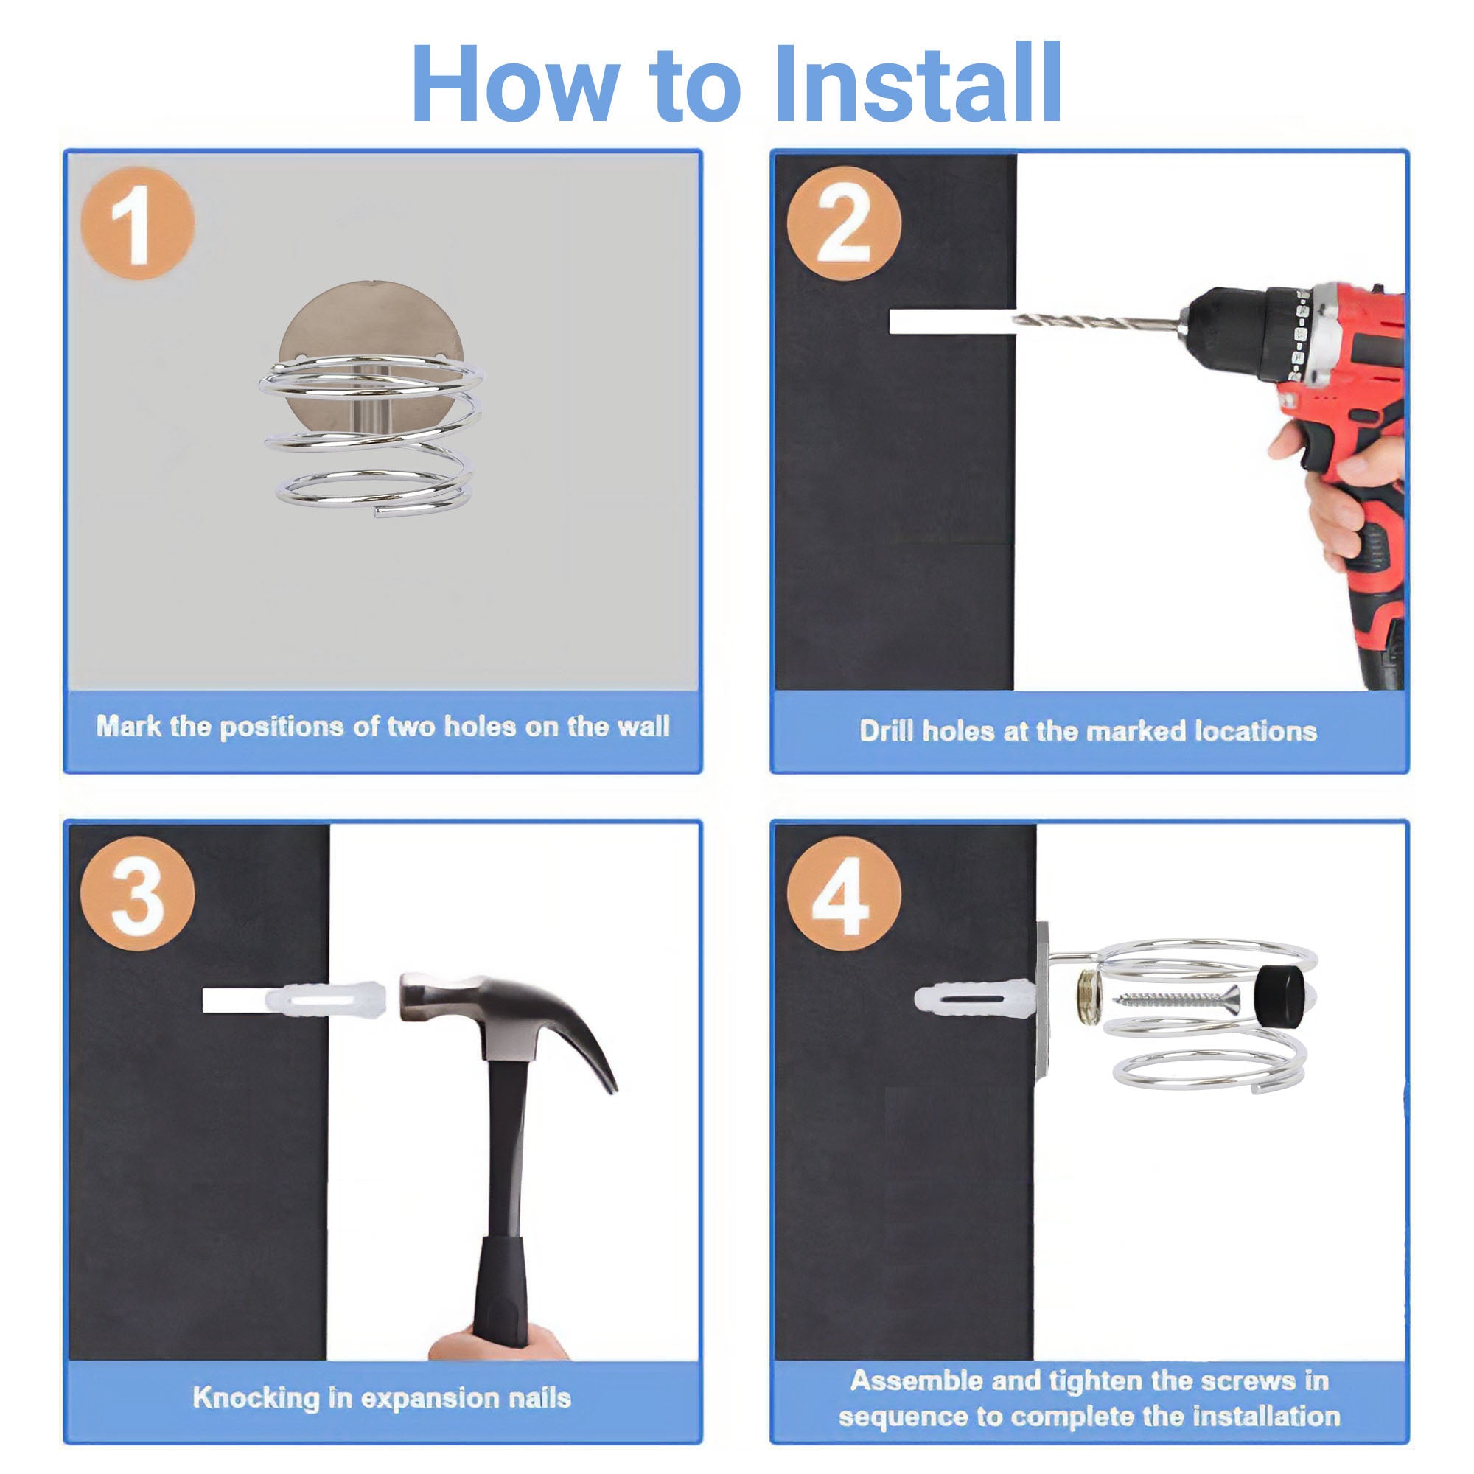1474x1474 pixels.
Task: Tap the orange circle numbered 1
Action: click(x=138, y=223)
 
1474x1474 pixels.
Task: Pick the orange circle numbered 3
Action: click(x=138, y=893)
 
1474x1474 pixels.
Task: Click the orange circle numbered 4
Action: click(x=844, y=893)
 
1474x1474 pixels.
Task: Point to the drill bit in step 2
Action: click(x=1095, y=322)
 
